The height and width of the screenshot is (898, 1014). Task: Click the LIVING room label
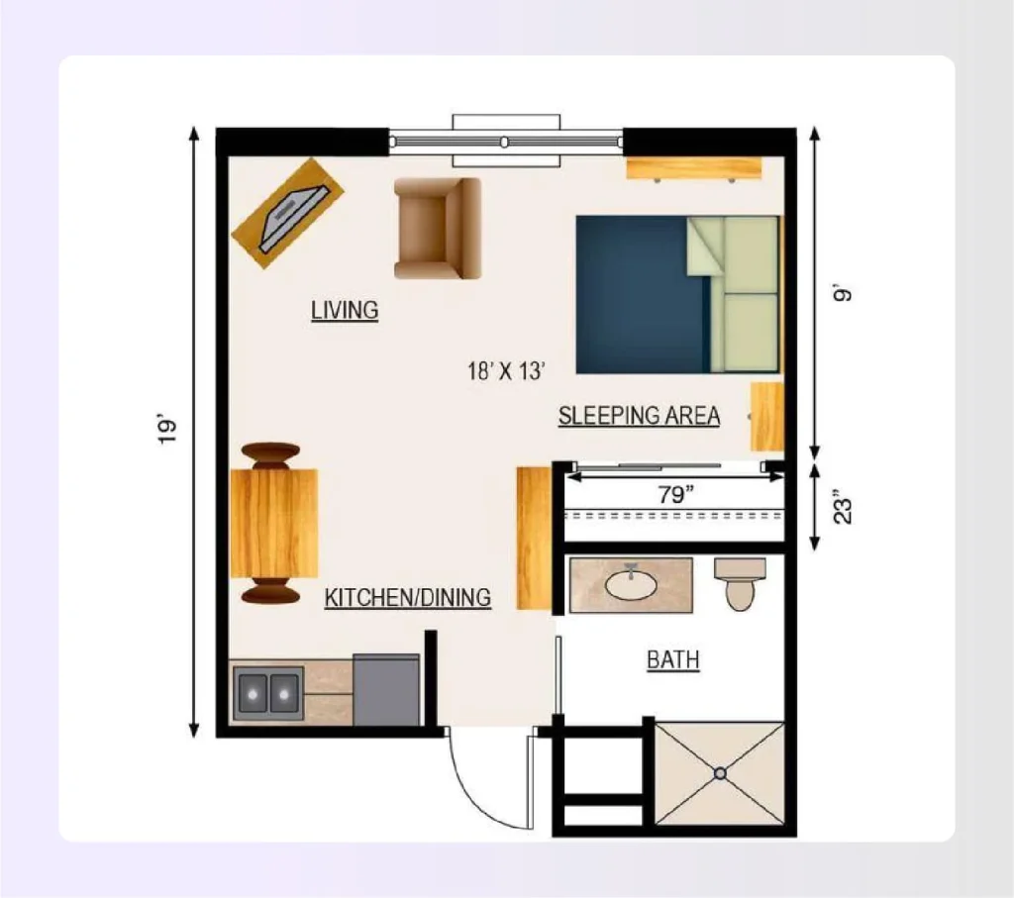(x=345, y=310)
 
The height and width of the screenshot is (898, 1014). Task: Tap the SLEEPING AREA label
(x=639, y=416)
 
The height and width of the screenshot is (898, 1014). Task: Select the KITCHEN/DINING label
(x=408, y=598)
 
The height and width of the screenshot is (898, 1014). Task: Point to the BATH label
(x=673, y=659)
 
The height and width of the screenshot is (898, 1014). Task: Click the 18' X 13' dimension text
(x=507, y=371)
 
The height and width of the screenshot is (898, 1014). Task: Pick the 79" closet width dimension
(x=674, y=495)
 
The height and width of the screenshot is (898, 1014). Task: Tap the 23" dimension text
(x=844, y=506)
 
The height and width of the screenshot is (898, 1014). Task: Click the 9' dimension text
(x=844, y=294)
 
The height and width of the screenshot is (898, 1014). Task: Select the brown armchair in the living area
(x=438, y=228)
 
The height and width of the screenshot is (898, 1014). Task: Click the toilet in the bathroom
(x=740, y=585)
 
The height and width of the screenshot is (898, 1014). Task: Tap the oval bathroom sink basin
(x=631, y=585)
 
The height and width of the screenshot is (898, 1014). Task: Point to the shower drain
(x=721, y=772)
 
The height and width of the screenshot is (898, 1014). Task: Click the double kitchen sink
(x=267, y=692)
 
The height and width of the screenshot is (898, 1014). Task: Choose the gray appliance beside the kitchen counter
(x=386, y=690)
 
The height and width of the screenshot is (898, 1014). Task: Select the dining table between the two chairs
(x=273, y=523)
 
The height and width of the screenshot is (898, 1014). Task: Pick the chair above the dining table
(x=269, y=455)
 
